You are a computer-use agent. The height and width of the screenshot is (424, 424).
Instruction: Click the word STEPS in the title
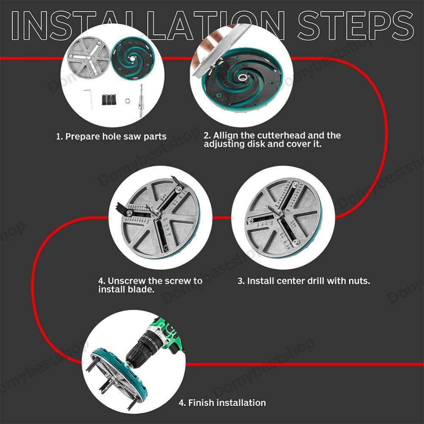(x=356, y=26)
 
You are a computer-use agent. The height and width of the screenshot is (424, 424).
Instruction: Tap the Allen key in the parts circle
(x=89, y=98)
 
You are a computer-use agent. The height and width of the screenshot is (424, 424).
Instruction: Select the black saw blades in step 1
(x=109, y=100)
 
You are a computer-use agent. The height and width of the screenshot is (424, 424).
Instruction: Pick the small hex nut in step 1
(x=127, y=101)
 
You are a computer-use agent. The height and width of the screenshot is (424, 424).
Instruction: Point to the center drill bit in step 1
(x=141, y=100)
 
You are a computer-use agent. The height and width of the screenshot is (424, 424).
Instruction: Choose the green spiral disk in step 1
(x=132, y=59)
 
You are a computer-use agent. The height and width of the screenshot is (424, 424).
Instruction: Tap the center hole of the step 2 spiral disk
(x=242, y=78)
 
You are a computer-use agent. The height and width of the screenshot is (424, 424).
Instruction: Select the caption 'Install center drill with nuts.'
(x=304, y=281)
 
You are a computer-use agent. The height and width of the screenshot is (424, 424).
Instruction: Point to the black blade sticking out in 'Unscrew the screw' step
(x=123, y=208)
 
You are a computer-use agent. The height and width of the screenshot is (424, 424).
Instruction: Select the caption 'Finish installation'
(x=222, y=403)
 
